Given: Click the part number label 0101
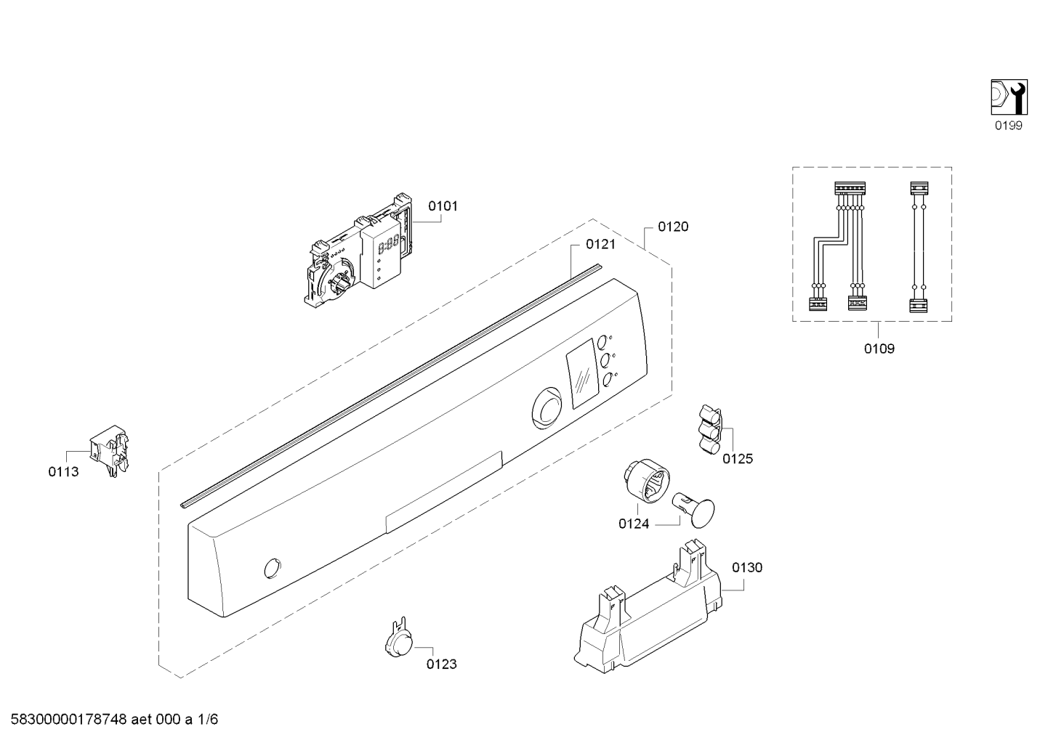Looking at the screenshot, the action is click(x=443, y=206).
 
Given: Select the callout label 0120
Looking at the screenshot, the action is click(x=673, y=227).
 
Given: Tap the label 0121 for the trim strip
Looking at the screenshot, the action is click(x=600, y=244).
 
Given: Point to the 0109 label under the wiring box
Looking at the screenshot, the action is click(x=879, y=349).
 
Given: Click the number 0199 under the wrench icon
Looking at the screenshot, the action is click(x=1008, y=126).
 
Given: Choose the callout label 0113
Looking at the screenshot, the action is click(x=64, y=472).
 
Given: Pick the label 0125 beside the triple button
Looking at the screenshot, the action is click(x=738, y=458).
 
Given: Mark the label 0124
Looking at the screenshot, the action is click(x=634, y=524).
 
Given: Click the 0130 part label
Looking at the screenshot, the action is click(x=747, y=567).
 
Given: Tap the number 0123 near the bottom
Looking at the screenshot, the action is click(x=441, y=664).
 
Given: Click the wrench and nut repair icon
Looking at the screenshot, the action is click(x=1009, y=97).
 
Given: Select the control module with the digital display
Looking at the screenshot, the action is click(x=360, y=250).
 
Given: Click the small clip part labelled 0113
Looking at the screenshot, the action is click(x=110, y=451).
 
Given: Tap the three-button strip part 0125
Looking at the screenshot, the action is click(x=710, y=430).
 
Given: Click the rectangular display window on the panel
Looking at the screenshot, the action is click(x=583, y=375).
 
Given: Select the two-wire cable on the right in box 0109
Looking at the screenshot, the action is click(x=919, y=246).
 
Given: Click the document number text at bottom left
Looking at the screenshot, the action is click(x=114, y=719).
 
